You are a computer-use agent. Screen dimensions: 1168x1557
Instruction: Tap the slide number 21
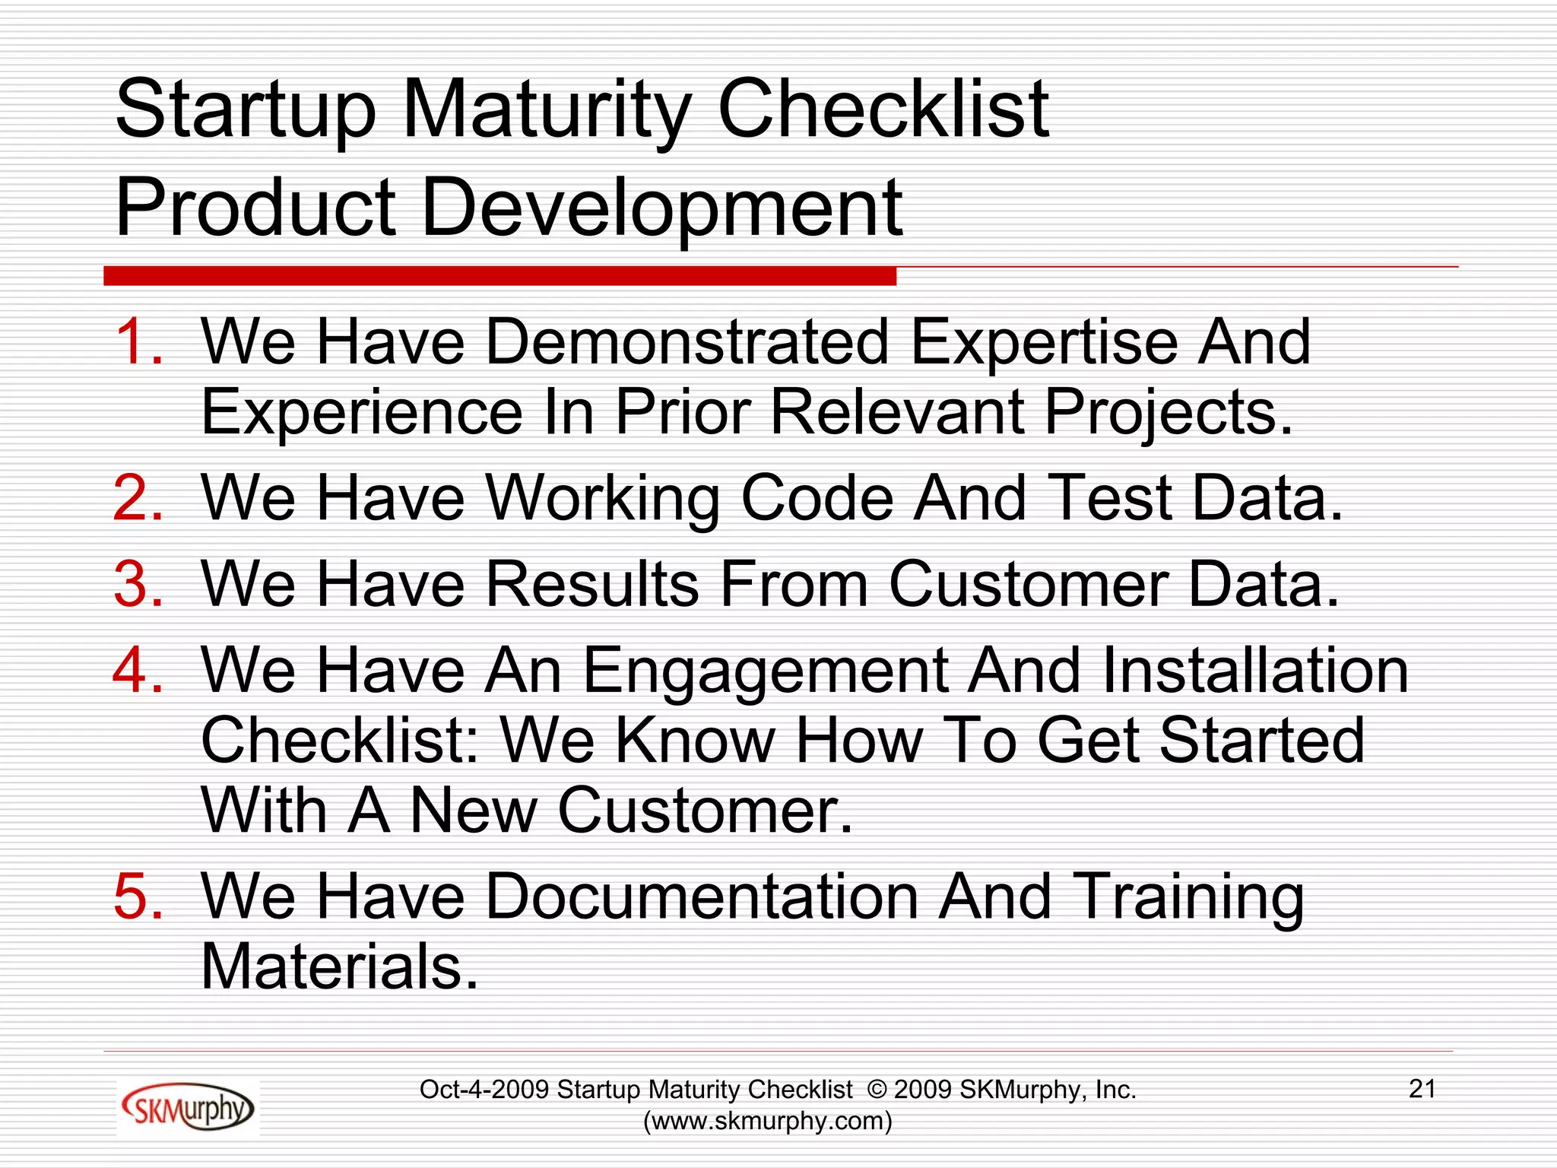pos(1422,1089)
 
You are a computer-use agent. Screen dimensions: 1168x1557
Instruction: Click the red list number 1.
pos(138,341)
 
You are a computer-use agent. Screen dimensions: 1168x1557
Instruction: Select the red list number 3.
pos(138,584)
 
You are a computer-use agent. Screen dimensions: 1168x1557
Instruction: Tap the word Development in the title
pos(661,208)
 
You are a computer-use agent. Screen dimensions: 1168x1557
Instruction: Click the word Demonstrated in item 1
pos(687,341)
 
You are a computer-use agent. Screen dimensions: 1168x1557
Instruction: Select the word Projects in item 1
pos(1168,413)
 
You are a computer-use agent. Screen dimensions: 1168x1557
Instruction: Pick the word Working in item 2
pos(602,498)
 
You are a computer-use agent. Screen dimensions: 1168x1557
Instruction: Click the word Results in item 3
pos(591,584)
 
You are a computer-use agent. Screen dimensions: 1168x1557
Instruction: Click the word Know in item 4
pos(694,741)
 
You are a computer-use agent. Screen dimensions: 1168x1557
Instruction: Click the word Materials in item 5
pos(340,966)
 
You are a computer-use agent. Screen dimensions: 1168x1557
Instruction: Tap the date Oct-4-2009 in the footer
pos(484,1090)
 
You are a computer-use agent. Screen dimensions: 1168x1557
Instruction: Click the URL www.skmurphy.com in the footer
pos(767,1121)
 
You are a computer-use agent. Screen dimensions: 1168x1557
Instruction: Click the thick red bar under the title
pos(499,276)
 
